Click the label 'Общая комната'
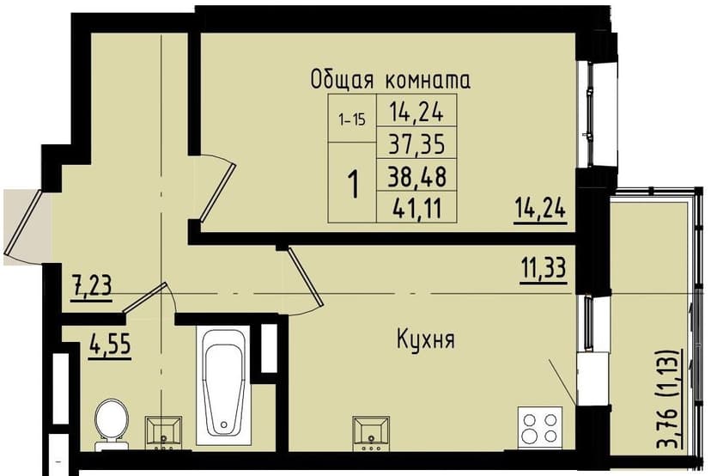click(391, 81)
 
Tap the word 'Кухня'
click(426, 339)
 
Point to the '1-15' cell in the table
click(350, 120)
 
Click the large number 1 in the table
click(352, 183)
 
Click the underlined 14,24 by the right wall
click(542, 209)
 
